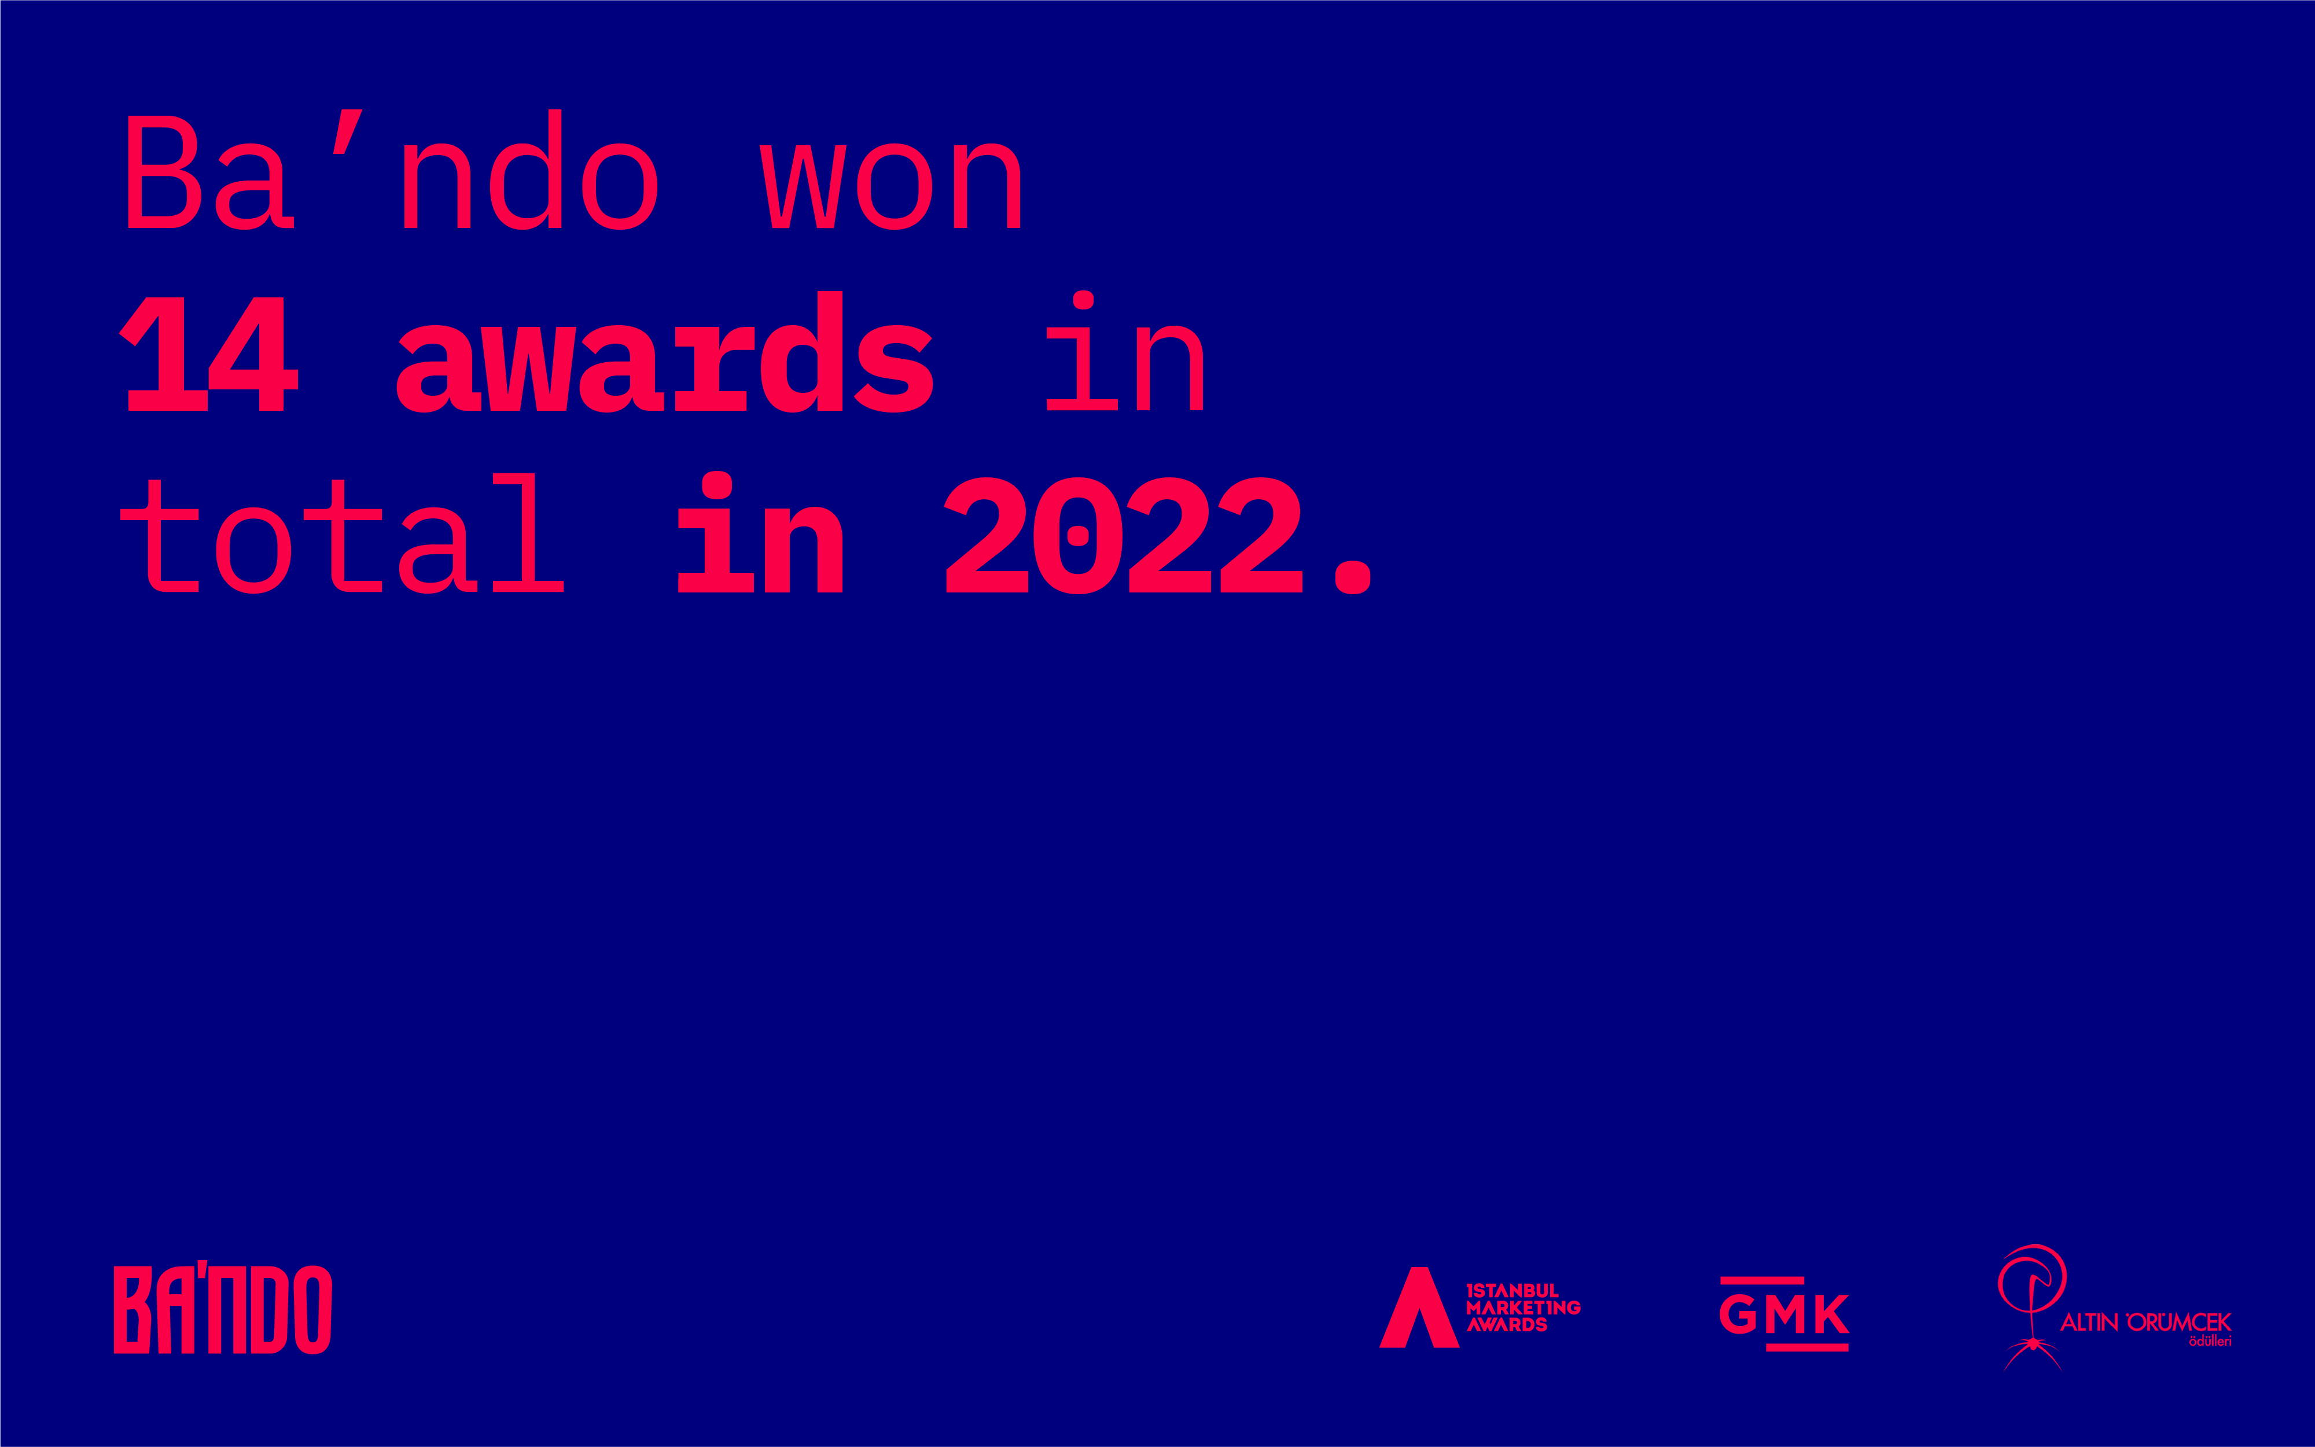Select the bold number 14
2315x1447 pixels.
209,354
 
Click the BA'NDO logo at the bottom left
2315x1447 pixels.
222,1309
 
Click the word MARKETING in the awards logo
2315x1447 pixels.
1522,1308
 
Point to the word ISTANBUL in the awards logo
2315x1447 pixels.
1512,1290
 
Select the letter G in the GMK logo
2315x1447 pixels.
1738,1314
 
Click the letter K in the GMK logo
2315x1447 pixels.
1832,1314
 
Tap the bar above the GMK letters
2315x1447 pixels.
1762,1280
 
